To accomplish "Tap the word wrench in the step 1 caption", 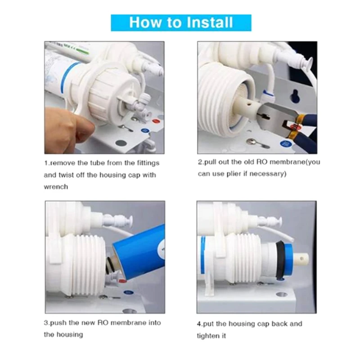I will click(56, 186).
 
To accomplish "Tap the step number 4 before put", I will click(199, 324).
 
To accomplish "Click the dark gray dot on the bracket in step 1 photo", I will click(120, 143).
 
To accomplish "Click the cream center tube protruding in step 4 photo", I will click(303, 261).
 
